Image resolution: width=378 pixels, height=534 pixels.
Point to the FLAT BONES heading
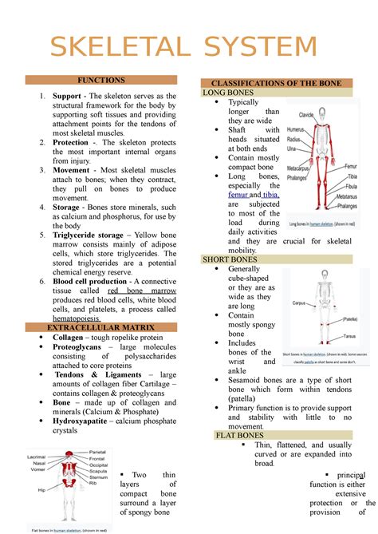(240, 435)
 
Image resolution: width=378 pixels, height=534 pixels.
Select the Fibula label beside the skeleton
(345, 186)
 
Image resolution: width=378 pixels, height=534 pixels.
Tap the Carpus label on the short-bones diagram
(298, 304)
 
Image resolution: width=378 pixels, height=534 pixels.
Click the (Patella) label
(348, 318)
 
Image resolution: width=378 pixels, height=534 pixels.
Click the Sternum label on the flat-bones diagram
(98, 477)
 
